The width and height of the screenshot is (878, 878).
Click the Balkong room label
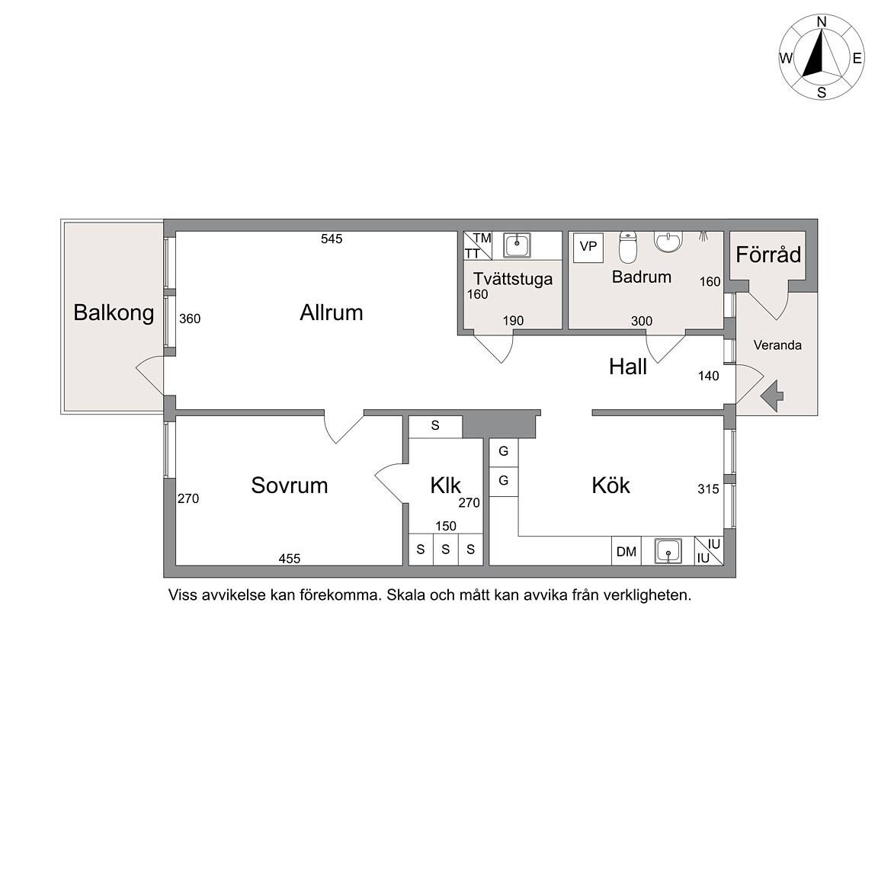[x=114, y=313]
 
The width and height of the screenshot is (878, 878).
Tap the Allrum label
[x=332, y=312]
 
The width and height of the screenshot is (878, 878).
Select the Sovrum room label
[x=290, y=485]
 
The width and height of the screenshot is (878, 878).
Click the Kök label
[x=611, y=485]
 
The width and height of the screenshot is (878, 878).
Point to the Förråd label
[x=768, y=255]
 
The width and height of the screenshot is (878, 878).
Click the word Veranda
[x=777, y=345]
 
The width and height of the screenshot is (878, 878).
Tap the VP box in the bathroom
[x=588, y=247]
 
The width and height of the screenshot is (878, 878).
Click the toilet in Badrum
[x=628, y=247]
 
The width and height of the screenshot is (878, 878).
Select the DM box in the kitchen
[x=626, y=552]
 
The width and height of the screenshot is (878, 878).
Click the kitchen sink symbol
[x=668, y=551]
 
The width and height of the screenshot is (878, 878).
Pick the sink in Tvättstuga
[x=517, y=245]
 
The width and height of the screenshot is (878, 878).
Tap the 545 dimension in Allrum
[x=332, y=239]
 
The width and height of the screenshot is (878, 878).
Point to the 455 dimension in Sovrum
[x=290, y=558]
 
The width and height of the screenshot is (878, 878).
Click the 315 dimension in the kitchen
[x=708, y=489]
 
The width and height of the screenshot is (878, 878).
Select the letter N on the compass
[x=822, y=22]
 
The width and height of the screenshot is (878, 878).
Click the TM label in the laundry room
[x=482, y=238]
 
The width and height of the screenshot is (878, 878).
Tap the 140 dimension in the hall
[x=708, y=376]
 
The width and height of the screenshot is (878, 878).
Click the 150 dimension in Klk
[x=446, y=526]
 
